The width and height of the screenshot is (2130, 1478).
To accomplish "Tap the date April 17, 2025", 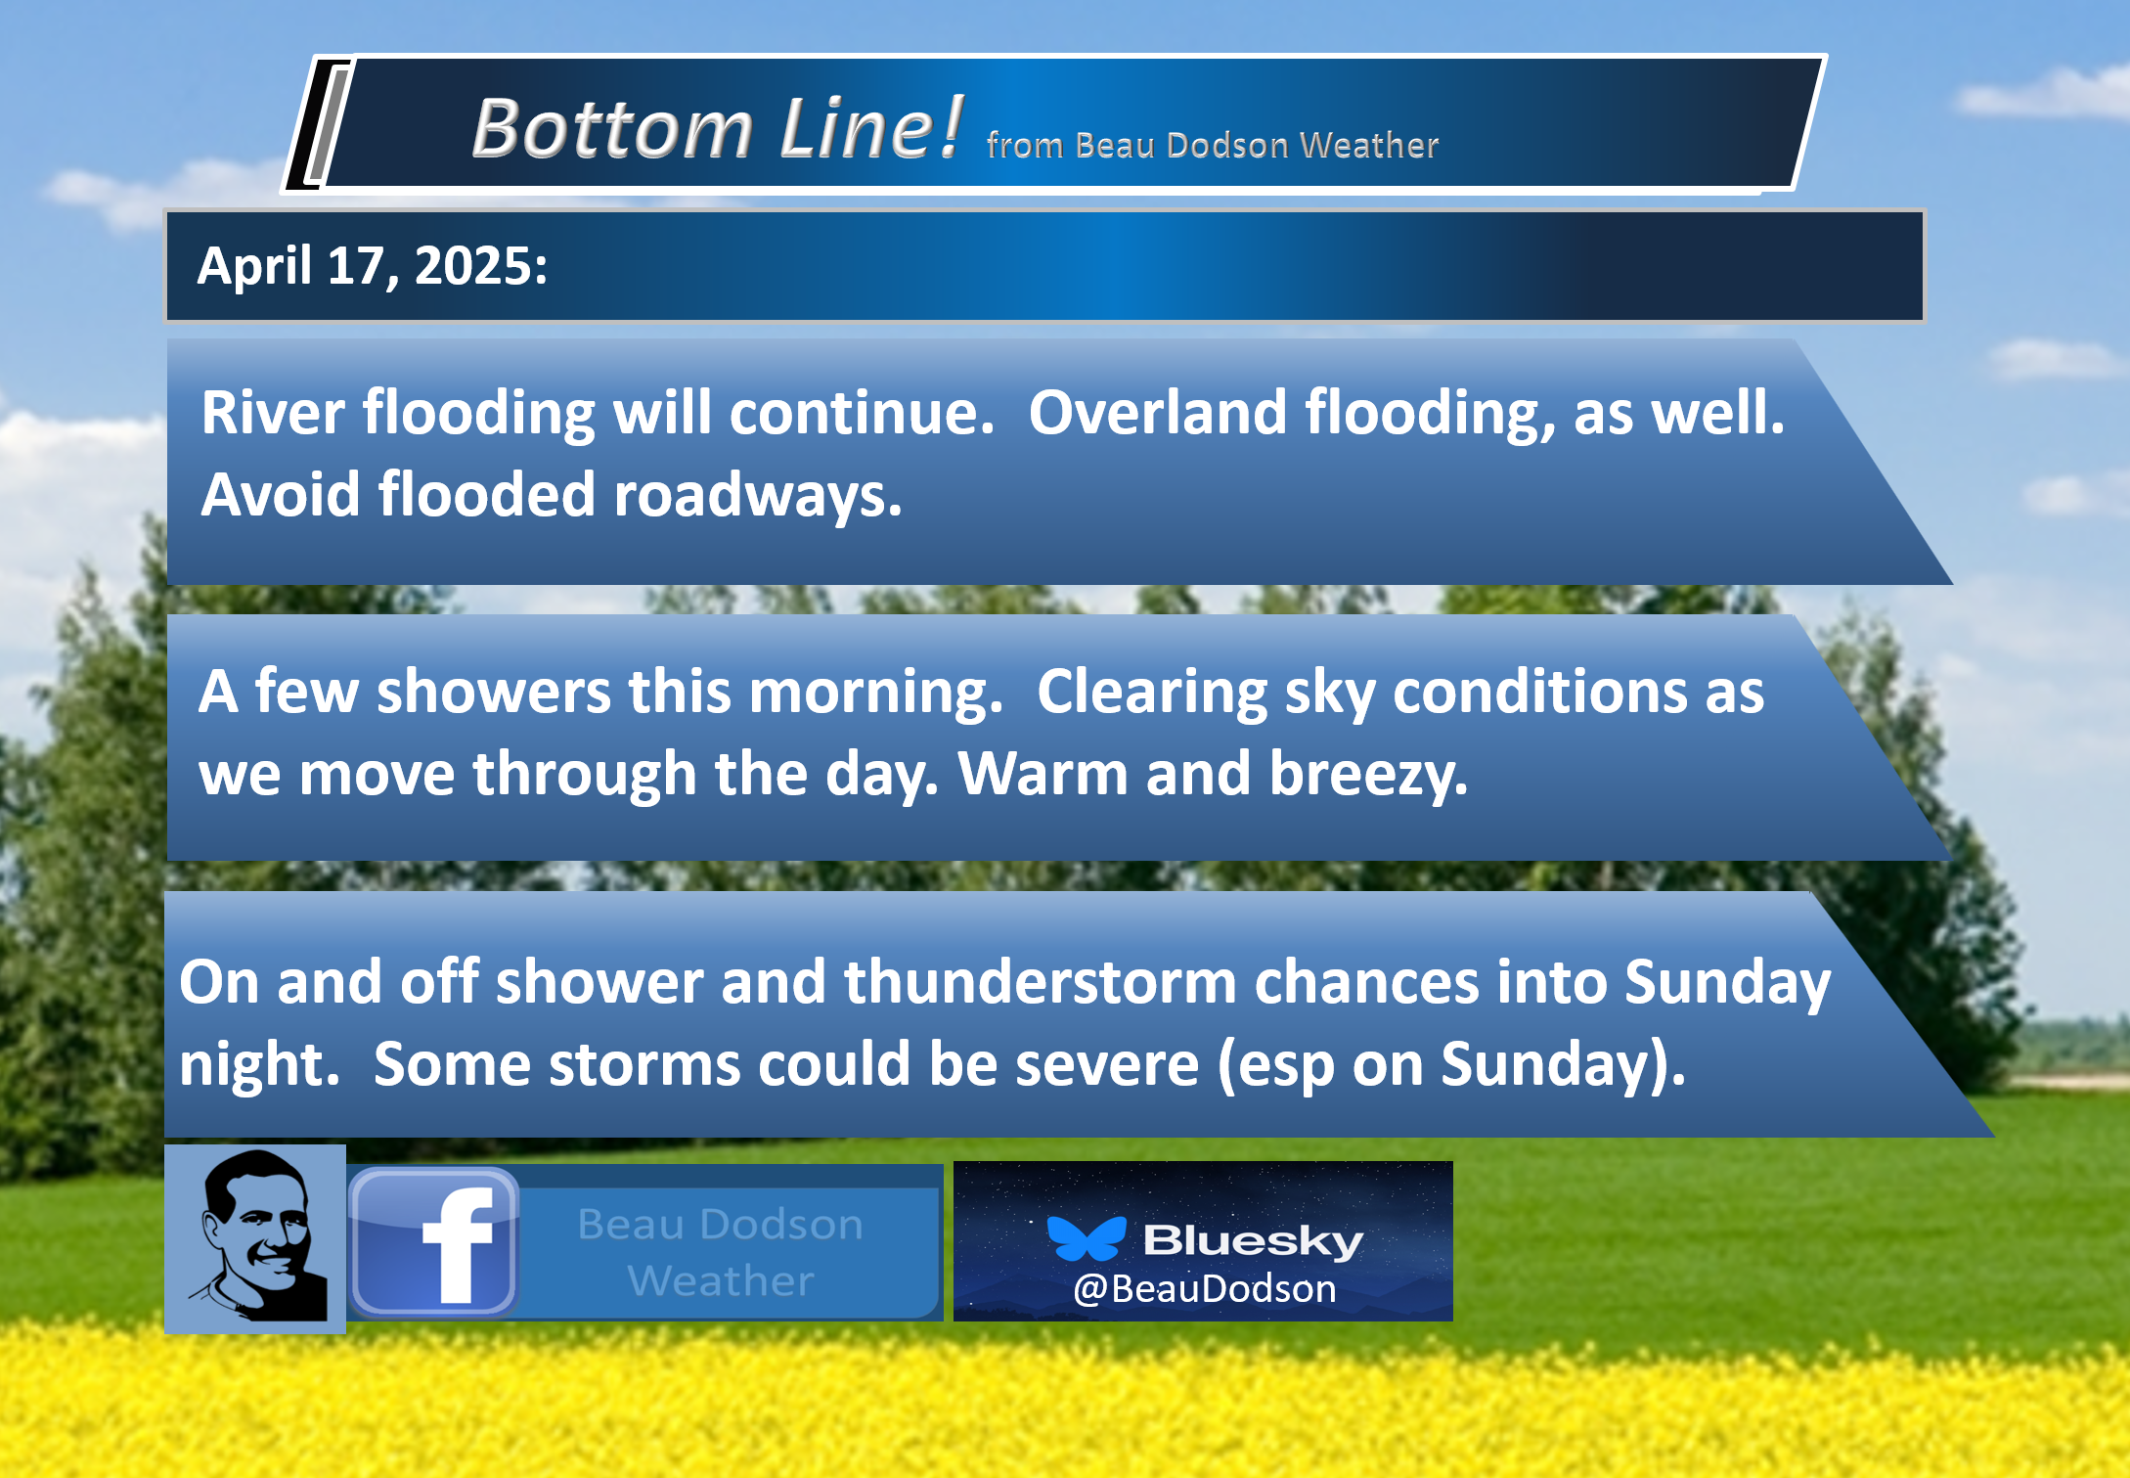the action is (373, 266).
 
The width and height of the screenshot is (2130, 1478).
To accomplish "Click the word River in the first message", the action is (273, 412).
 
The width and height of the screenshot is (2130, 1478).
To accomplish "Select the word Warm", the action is (1043, 774).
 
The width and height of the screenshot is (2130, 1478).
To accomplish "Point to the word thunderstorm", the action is (1041, 981).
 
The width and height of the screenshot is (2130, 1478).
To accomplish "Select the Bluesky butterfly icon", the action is (1087, 1238).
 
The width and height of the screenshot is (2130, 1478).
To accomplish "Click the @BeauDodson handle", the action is (1205, 1289).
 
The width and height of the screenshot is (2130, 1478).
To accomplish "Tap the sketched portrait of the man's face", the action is (255, 1238).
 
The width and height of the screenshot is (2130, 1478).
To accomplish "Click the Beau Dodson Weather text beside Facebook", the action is (721, 1252).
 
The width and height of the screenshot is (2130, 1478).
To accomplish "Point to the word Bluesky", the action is (1253, 1240).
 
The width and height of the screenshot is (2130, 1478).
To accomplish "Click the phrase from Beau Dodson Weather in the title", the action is (1213, 145).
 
